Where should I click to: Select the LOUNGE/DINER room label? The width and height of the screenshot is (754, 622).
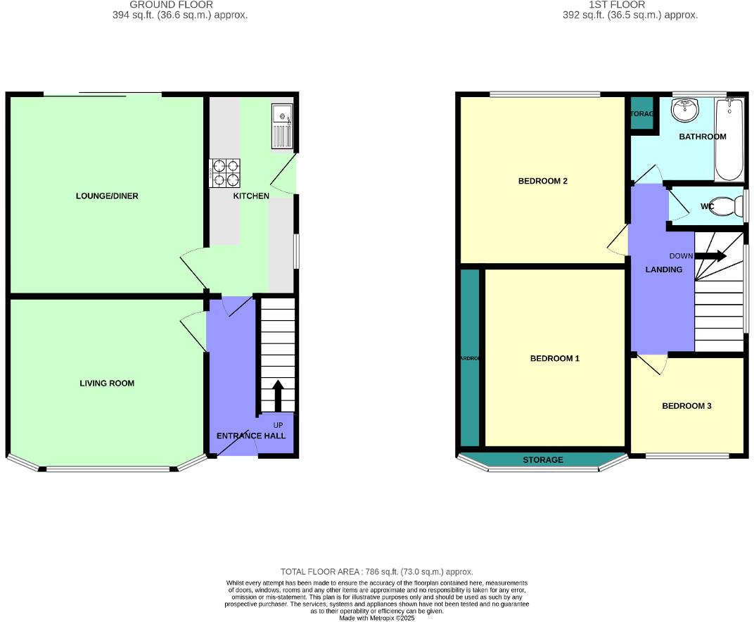(107, 196)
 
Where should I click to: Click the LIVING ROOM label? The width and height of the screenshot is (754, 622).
(106, 383)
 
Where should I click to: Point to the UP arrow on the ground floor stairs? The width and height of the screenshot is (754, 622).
(277, 396)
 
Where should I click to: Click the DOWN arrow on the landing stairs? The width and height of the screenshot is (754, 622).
(710, 256)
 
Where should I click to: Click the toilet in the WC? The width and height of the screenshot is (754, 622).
(736, 206)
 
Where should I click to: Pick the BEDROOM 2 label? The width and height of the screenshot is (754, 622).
(542, 182)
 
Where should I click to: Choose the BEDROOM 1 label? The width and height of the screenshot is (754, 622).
(554, 359)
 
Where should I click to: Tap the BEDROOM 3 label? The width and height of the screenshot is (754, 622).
(686, 406)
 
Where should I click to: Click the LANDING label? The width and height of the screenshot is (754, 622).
(664, 269)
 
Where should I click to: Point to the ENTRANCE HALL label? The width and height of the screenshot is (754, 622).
(251, 436)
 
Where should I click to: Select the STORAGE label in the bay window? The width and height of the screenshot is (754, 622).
(542, 460)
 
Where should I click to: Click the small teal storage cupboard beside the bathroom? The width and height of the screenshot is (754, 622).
(641, 115)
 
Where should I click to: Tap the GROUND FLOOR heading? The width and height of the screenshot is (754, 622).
(171, 5)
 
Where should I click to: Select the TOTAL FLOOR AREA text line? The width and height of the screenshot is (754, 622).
(376, 572)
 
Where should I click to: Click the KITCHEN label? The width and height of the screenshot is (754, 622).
(251, 196)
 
